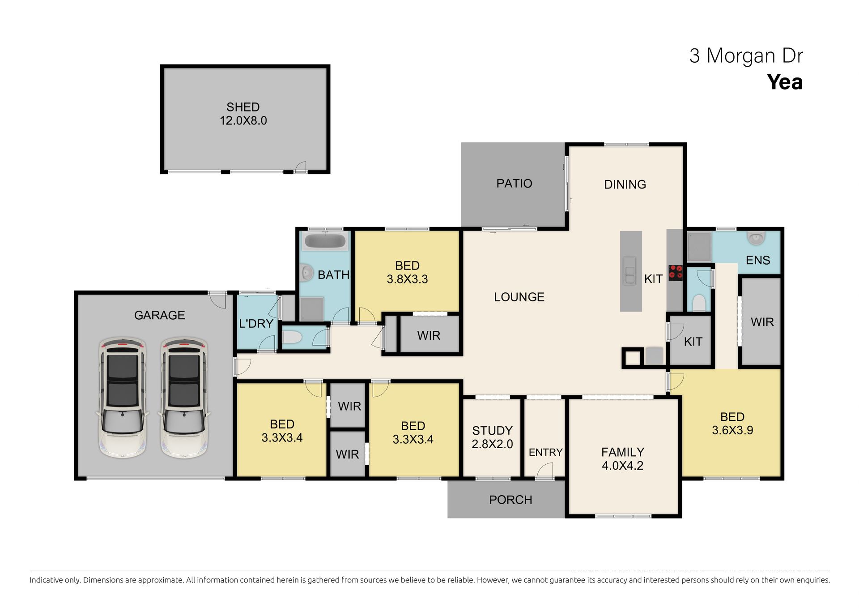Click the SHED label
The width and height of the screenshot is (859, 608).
[243, 107]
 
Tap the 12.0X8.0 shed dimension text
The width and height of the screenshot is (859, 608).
[243, 120]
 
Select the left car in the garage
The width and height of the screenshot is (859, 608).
[122, 398]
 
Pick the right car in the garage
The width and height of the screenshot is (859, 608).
[184, 398]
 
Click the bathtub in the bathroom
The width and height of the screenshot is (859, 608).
[325, 241]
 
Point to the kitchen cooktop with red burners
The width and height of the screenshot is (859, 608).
[675, 273]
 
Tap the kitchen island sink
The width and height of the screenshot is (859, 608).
[629, 271]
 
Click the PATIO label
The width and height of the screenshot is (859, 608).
[514, 184]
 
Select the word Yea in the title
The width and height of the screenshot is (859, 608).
[785, 82]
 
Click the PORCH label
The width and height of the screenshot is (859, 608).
[510, 500]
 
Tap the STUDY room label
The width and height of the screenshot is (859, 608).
[492, 431]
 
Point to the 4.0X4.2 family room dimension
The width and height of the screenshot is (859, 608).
[622, 466]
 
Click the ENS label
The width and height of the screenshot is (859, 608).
[758, 260]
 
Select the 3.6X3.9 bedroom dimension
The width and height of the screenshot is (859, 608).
[732, 430]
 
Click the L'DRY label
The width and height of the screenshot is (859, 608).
[256, 323]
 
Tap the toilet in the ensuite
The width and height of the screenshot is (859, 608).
[756, 238]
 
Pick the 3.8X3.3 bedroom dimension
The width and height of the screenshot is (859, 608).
[407, 279]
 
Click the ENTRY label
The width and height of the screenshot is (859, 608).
[545, 453]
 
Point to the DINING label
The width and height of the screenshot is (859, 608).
[625, 184]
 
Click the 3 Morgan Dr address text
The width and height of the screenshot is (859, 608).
[746, 56]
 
